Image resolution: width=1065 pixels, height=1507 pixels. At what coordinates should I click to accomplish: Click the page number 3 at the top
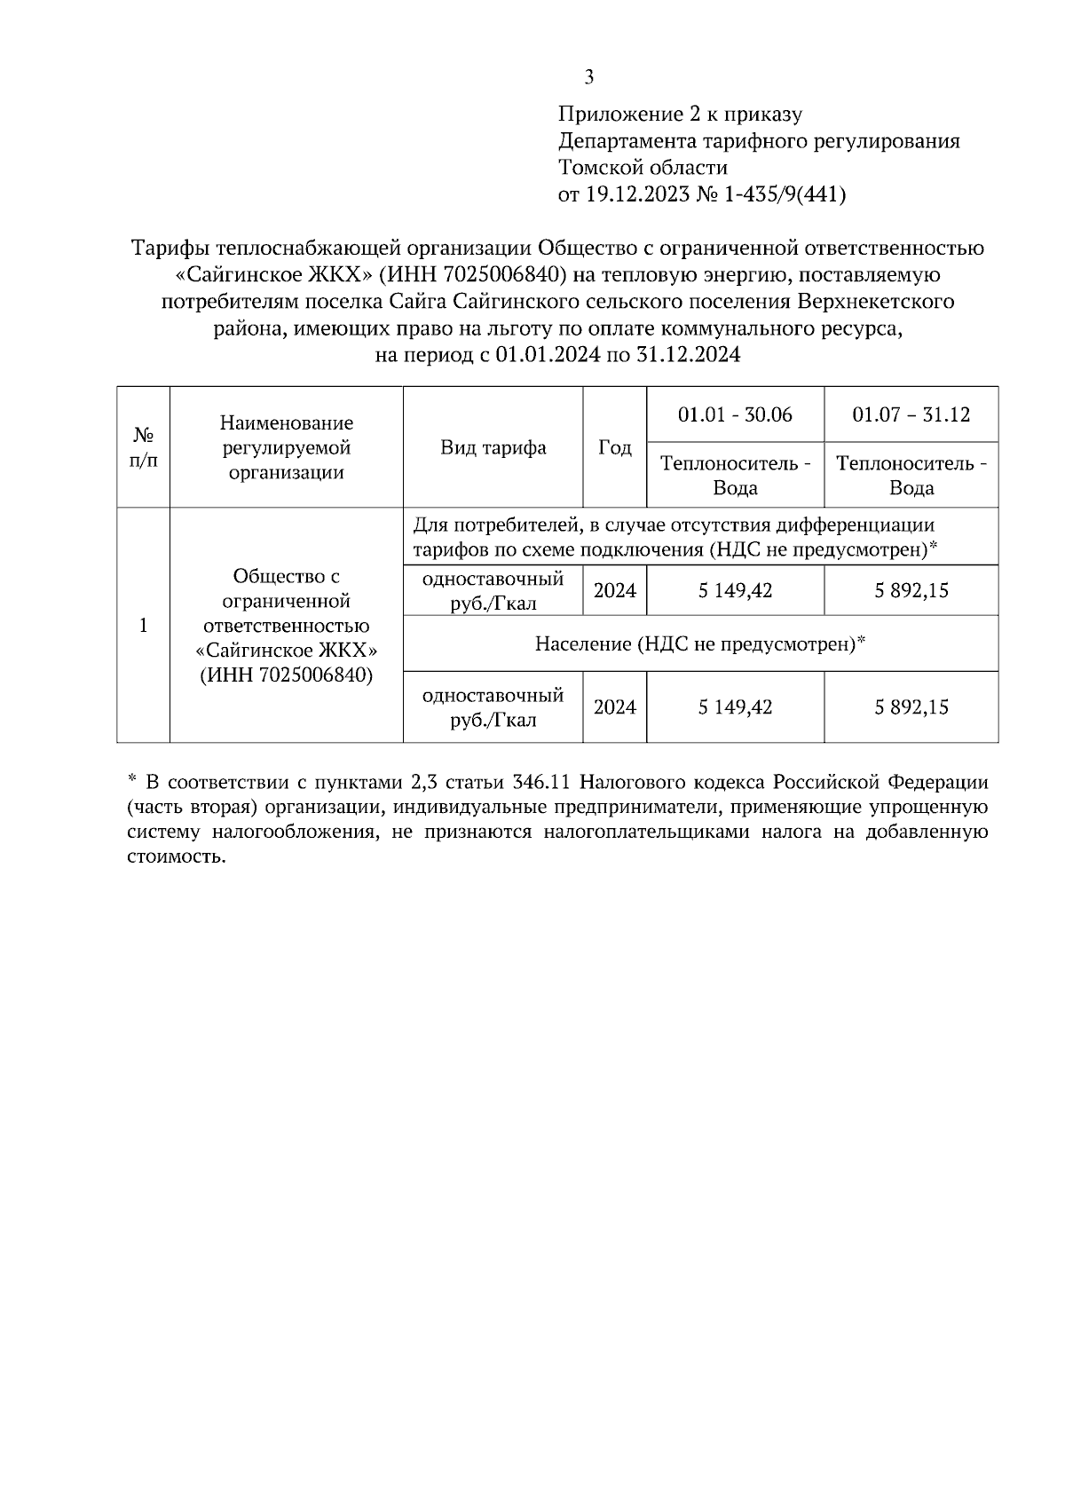click(588, 77)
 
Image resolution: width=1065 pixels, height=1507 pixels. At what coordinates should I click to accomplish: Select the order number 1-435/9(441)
click(785, 194)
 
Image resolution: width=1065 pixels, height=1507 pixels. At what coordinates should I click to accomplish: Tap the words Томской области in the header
click(643, 168)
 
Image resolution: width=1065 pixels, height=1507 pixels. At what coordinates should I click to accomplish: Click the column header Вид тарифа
click(493, 447)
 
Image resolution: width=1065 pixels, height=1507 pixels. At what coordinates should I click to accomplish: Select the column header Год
click(614, 447)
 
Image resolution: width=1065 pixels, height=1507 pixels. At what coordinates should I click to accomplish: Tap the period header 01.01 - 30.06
click(735, 414)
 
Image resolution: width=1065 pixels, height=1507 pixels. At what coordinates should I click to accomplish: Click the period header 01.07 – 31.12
click(911, 414)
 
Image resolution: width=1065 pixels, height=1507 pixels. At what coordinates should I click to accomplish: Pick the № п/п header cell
click(143, 447)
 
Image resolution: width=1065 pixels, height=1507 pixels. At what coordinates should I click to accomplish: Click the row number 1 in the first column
click(143, 626)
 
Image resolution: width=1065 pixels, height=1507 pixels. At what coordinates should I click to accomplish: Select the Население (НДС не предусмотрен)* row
click(699, 643)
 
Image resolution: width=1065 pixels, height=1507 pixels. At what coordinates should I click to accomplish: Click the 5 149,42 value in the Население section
click(735, 707)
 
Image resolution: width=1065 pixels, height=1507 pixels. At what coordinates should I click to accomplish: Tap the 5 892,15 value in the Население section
click(911, 707)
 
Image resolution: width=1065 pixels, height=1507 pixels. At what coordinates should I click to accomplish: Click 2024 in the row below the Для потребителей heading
click(614, 590)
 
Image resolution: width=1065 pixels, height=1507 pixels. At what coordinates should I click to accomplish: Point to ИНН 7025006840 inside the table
click(286, 675)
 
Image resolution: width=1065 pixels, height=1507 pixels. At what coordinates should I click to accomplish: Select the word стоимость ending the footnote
click(174, 857)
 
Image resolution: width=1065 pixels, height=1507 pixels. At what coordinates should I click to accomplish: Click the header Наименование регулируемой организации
click(286, 447)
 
